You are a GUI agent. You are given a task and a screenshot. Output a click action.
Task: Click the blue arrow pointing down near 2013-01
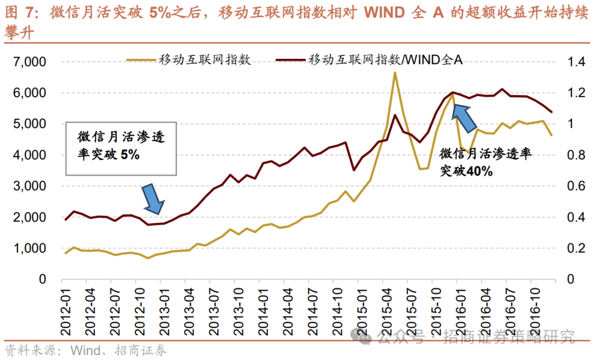tap(153, 198)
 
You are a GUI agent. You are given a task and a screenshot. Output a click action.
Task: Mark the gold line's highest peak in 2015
tap(395, 73)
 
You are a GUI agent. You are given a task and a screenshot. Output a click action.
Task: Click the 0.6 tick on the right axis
tap(571, 186)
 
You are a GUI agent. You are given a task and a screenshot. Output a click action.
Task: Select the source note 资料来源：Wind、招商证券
tap(85, 350)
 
